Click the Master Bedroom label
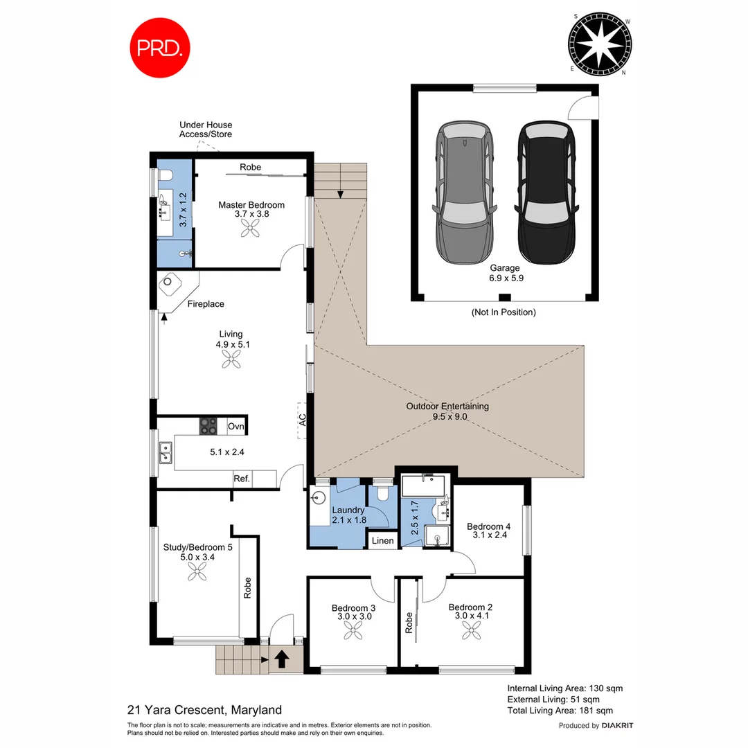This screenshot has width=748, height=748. click(x=251, y=205)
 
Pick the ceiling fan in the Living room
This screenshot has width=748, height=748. click(x=231, y=358)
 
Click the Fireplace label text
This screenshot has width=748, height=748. click(x=206, y=304)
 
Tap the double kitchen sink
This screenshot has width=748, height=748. click(x=166, y=453)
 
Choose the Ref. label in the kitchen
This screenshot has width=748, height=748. click(x=242, y=479)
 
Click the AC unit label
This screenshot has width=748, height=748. click(x=302, y=420)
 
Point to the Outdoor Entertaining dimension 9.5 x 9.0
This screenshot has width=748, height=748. click(x=447, y=417)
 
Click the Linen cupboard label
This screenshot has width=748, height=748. click(x=383, y=541)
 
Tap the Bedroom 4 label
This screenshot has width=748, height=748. click(x=489, y=525)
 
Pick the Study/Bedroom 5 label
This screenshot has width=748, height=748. click(x=197, y=546)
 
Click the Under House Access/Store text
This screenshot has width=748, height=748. click(x=206, y=130)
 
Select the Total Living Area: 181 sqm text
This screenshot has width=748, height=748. click(x=560, y=711)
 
